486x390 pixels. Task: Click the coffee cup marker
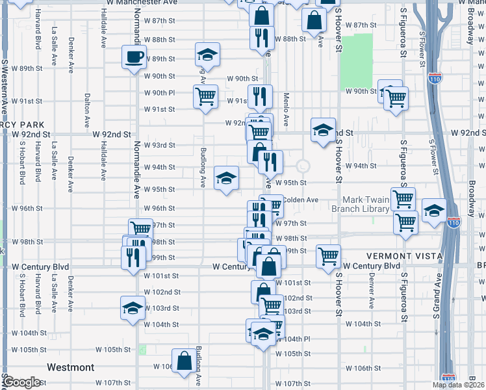tap(134, 57)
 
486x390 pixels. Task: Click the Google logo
tap(22, 382)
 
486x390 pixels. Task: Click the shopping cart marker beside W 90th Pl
tap(205, 97)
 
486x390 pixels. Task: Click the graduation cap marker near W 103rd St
tap(133, 308)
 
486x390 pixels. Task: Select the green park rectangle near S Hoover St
tap(357, 62)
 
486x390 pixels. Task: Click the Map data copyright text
tap(458, 385)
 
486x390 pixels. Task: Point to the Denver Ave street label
tap(372, 290)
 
